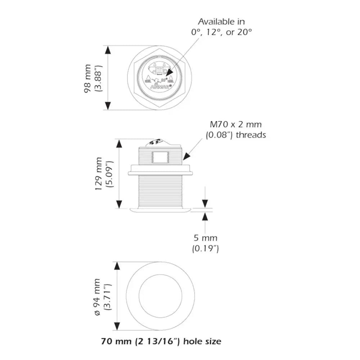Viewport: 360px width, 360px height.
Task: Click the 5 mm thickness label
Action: pyautogui.click(x=205, y=238)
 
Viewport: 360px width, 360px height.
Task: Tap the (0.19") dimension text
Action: pyautogui.click(x=206, y=248)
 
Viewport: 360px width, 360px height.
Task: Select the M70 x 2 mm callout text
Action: pyautogui.click(x=235, y=125)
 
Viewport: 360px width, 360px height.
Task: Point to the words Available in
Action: pyautogui.click(x=221, y=22)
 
